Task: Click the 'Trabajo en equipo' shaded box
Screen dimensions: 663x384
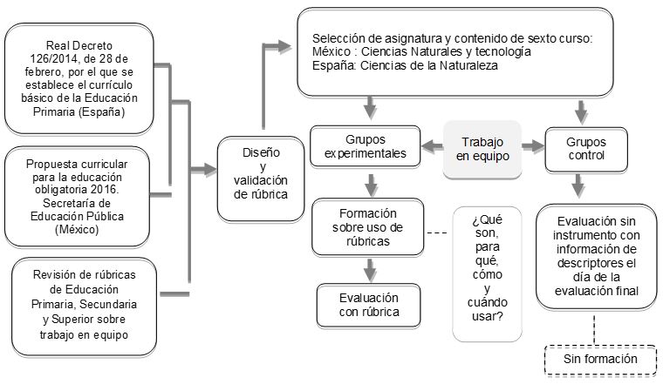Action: (482, 150)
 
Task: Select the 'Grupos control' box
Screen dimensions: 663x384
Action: (586, 150)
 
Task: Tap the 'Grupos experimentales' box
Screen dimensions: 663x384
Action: (366, 146)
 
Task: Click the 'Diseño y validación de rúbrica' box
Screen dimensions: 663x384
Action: (261, 179)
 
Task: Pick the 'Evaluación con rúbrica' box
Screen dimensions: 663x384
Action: (369, 305)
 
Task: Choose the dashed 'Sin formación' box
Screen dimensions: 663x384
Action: (600, 360)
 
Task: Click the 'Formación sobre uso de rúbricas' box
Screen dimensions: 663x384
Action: (367, 227)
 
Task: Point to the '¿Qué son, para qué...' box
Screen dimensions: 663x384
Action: (487, 274)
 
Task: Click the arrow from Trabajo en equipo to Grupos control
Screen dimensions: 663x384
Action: (533, 146)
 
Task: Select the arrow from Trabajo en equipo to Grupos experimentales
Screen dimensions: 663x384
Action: (432, 146)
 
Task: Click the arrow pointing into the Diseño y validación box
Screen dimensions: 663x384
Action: (203, 170)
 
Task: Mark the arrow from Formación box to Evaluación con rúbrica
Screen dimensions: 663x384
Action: (371, 270)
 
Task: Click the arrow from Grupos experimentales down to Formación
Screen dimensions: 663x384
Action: (372, 185)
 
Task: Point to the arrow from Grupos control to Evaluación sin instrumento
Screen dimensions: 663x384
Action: (578, 185)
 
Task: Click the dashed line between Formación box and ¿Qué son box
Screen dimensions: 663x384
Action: (437, 233)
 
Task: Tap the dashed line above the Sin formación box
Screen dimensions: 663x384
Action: (594, 329)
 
